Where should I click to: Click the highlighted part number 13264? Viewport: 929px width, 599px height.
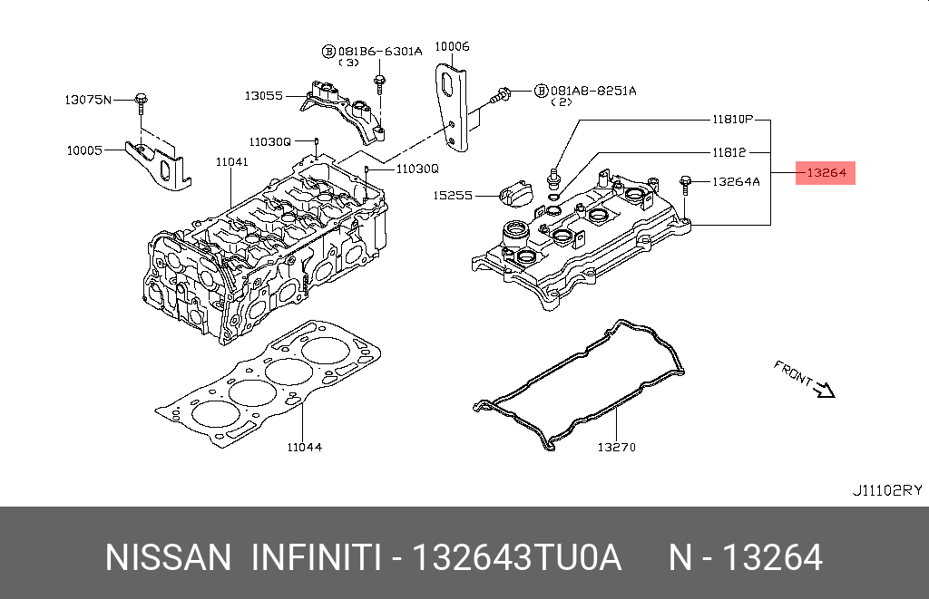click(x=826, y=172)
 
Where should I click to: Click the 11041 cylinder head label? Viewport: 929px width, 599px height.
click(x=231, y=162)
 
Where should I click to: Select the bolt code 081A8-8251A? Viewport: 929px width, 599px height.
click(x=592, y=91)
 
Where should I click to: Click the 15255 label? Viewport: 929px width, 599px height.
click(x=453, y=195)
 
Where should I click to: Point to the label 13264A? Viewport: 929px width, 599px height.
click(x=736, y=181)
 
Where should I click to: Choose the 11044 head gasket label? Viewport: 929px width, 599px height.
click(x=304, y=447)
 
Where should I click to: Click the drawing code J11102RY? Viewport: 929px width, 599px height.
click(x=886, y=490)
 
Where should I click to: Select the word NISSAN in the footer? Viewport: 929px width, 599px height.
click(x=168, y=557)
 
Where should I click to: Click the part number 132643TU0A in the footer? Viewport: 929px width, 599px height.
click(x=517, y=557)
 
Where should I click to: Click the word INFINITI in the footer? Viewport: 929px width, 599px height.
click(x=315, y=557)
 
